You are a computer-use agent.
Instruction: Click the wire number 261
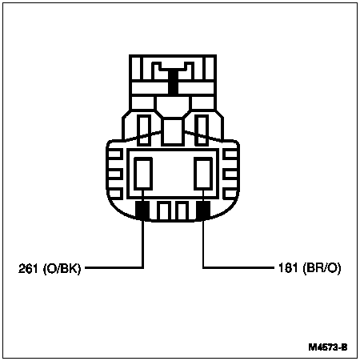(28, 268)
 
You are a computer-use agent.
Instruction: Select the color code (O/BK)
(62, 268)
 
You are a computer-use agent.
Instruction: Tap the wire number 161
(288, 267)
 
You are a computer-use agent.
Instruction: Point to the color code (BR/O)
(322, 268)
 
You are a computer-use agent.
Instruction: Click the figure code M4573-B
(328, 347)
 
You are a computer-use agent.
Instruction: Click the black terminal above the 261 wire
(142, 211)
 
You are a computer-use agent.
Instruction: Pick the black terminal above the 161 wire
(203, 211)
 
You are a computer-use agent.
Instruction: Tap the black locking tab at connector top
(173, 81)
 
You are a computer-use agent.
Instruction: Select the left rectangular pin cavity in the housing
(143, 174)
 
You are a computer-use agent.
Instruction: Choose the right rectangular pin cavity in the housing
(203, 174)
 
